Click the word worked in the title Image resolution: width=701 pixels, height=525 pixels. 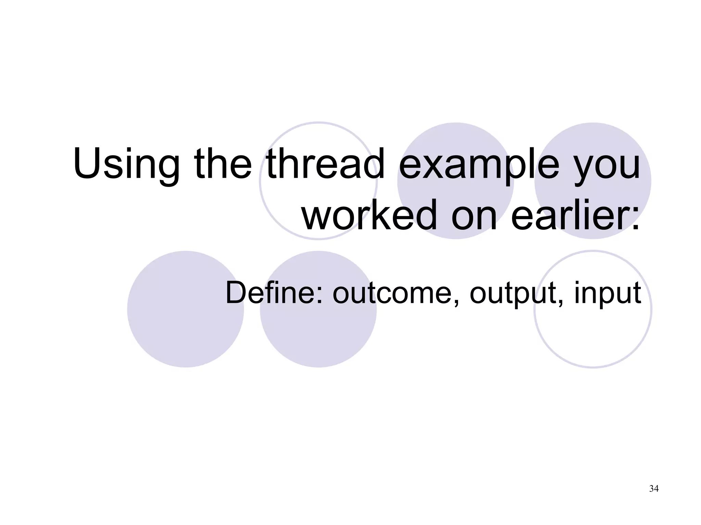tap(370, 215)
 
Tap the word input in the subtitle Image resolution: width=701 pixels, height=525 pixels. tap(607, 293)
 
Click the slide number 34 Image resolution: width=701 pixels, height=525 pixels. tap(654, 489)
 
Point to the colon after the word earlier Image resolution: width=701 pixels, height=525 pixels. tap(635, 219)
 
